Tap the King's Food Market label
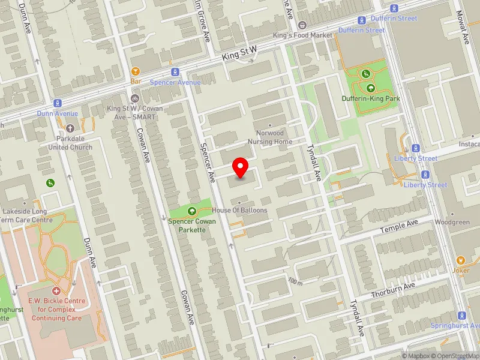302,35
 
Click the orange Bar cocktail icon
136,71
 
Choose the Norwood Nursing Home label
270,137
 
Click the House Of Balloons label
239,211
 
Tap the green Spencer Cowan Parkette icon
192,211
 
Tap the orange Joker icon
460,260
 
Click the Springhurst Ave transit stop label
455,325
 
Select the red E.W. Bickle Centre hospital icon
56,290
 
